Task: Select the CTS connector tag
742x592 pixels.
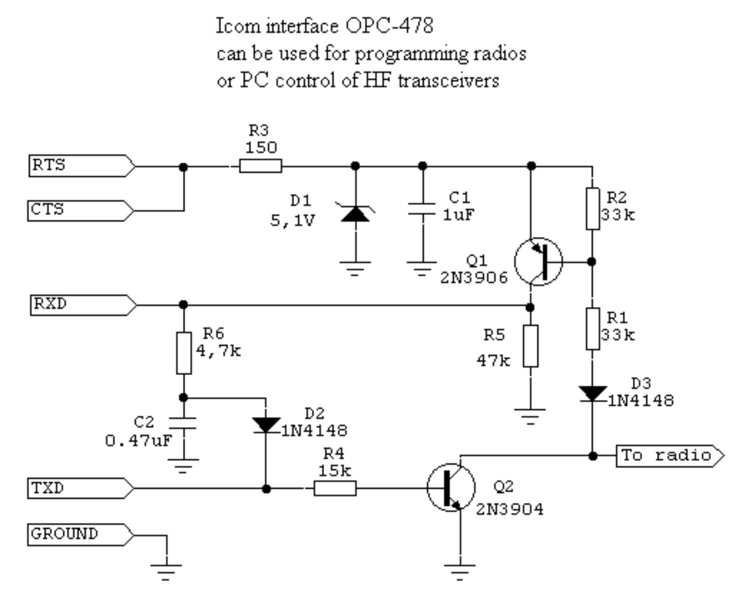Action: (79, 211)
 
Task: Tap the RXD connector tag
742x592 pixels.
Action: (81, 305)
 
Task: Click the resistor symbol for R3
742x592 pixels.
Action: (260, 166)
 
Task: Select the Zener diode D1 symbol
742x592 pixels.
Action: (355, 213)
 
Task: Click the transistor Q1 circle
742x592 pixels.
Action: (538, 262)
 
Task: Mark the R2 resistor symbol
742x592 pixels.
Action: (593, 208)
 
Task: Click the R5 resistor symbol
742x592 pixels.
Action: (531, 346)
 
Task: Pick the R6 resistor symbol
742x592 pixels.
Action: (183, 353)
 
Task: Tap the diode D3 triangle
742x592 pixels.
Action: (593, 394)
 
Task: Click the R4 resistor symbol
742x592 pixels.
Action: (335, 489)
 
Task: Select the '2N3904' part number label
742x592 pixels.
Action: (510, 509)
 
